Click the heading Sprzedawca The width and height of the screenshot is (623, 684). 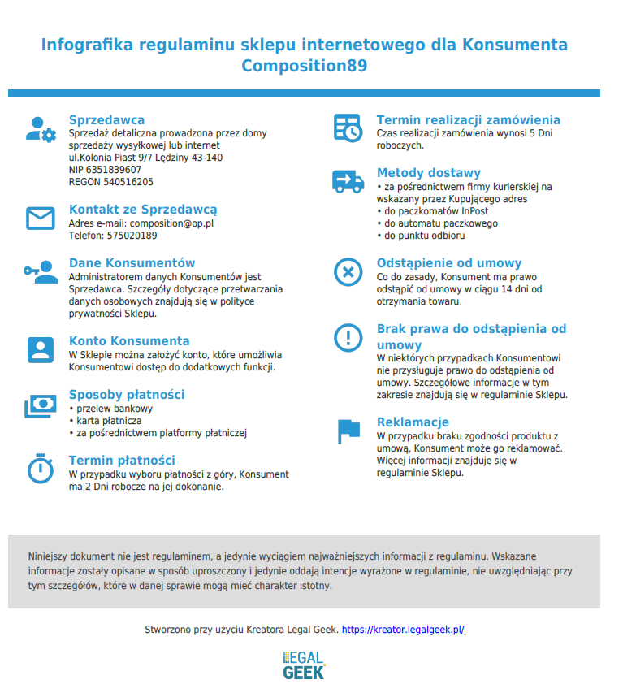[106, 120]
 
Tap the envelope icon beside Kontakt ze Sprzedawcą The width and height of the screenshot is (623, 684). [40, 219]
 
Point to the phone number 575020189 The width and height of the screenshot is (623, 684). [132, 236]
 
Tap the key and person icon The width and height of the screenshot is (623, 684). [40, 271]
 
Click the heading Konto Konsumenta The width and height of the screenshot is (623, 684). [129, 341]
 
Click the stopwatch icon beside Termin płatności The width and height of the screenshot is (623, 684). [40, 468]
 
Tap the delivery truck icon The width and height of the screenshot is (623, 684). [348, 180]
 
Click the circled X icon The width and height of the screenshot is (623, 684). [348, 271]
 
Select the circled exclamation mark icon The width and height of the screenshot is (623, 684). [348, 336]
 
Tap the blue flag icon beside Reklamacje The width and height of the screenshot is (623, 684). [348, 431]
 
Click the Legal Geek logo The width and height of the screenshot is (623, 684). [304, 664]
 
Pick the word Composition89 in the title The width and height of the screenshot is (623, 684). [304, 66]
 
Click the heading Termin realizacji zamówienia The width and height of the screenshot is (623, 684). [468, 120]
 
